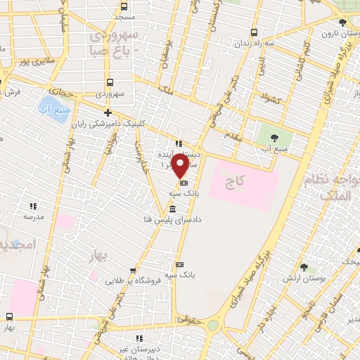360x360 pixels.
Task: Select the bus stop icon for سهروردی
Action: [110, 82]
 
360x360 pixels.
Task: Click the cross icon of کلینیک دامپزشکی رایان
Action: [108, 112]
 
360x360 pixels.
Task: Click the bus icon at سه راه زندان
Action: [254, 32]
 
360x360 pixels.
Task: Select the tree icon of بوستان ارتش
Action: [304, 268]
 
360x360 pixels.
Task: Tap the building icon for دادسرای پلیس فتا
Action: [173, 210]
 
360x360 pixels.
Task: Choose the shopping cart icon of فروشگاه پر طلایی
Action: [133, 270]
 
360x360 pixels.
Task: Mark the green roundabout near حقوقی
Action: [212, 326]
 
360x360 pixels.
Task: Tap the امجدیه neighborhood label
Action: [14, 245]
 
